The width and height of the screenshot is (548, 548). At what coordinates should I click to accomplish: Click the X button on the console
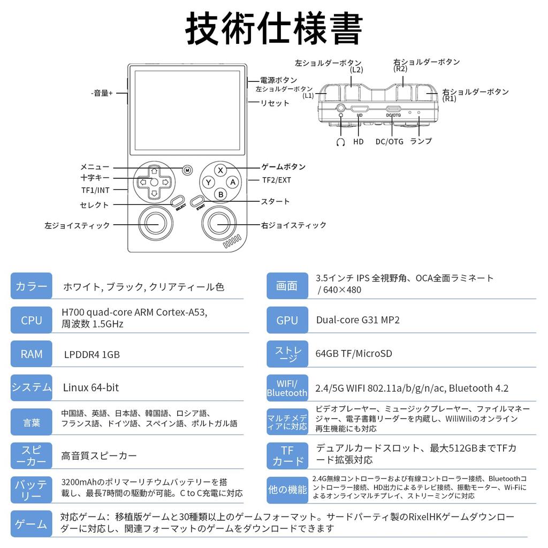coord(220,170)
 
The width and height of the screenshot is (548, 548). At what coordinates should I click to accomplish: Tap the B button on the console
coord(220,194)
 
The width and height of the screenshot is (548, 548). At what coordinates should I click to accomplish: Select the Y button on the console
coord(208,182)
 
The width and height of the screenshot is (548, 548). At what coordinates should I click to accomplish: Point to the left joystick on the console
coord(154,224)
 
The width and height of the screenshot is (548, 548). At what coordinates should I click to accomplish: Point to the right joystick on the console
coord(220,224)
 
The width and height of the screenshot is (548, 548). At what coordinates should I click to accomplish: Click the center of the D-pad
coord(154,182)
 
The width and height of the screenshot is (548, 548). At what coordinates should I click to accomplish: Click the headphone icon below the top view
coord(340,141)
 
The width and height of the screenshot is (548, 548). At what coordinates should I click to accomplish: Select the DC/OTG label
coord(389,141)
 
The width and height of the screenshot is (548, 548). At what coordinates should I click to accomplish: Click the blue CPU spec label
coord(32,320)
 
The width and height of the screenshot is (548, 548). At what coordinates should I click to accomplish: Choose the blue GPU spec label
coord(287,320)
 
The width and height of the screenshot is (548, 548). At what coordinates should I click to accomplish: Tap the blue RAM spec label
coord(32,354)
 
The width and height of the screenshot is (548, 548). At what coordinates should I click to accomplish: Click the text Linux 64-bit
coord(91,387)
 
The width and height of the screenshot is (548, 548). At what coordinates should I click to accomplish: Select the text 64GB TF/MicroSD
coord(354,353)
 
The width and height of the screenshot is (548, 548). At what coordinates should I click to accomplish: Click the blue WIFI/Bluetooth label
coord(287,387)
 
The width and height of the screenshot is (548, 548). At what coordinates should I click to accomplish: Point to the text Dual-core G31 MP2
coord(357,320)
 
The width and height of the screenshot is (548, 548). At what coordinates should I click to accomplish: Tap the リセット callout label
coord(275,103)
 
